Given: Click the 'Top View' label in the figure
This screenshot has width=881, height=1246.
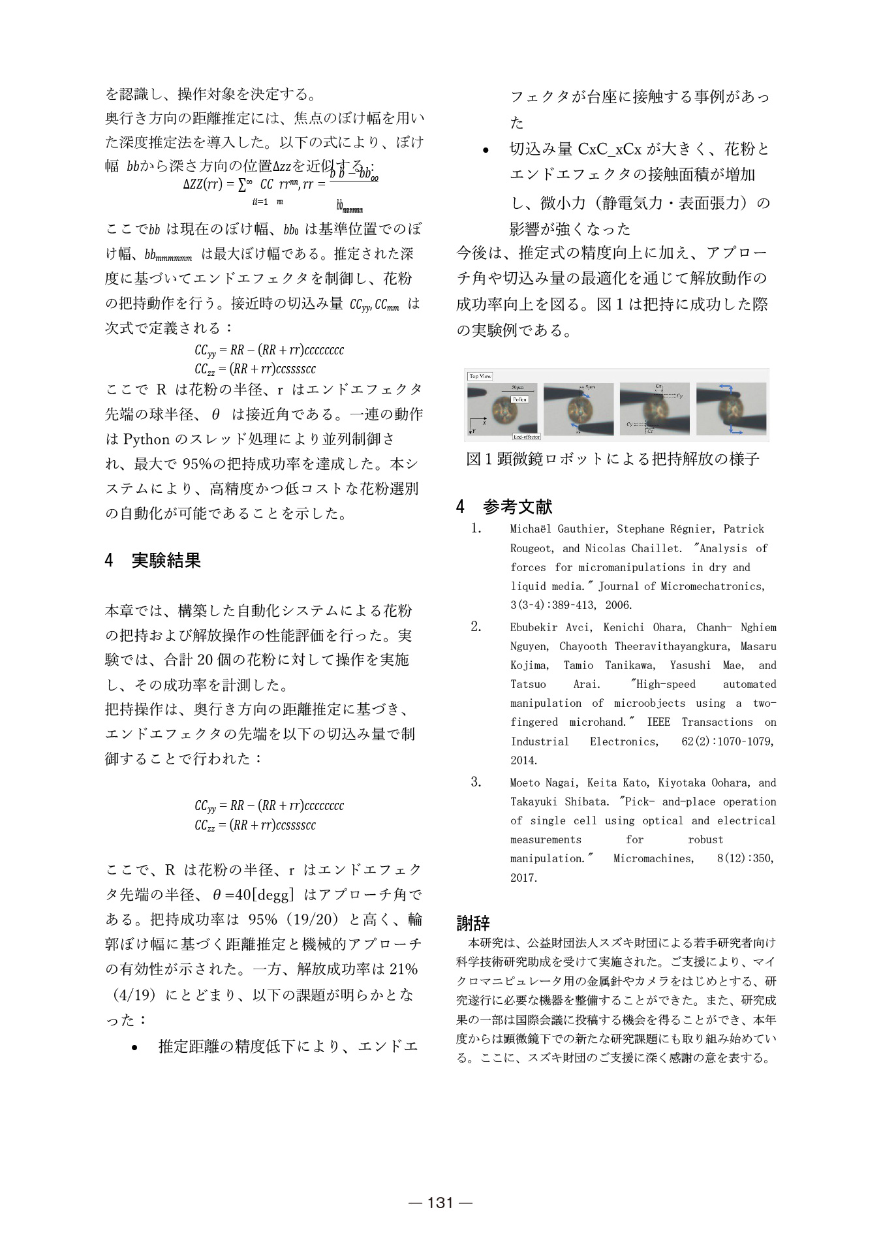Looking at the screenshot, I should click(480, 376).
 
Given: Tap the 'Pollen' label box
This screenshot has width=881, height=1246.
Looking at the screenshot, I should click(519, 399).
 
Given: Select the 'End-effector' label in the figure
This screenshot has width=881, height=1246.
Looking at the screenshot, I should click(526, 436).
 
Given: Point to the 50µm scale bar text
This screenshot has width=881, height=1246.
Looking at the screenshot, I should click(518, 388).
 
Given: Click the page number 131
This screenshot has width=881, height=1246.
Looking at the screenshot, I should click(440, 1202).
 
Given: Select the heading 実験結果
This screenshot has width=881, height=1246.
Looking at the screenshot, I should click(166, 560).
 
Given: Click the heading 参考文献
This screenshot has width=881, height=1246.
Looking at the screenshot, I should click(518, 506).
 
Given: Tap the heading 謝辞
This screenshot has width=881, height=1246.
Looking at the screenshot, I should click(473, 923).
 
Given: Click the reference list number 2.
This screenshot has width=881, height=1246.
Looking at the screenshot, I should click(476, 627).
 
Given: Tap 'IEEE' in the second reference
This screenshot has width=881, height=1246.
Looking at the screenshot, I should click(658, 722).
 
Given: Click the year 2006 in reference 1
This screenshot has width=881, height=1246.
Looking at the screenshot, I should click(618, 605).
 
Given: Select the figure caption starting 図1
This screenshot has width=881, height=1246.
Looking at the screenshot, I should click(613, 459).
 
